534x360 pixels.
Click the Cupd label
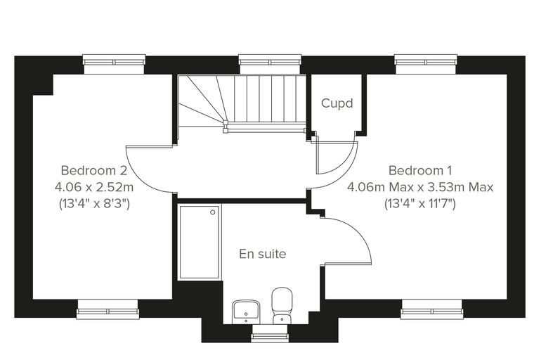click(337, 103)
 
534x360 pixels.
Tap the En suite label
click(263, 254)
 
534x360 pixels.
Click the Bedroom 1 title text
click(420, 170)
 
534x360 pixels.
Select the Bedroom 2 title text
click(94, 170)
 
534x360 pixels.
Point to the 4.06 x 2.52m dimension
click(94, 187)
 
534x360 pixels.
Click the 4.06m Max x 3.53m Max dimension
click(420, 187)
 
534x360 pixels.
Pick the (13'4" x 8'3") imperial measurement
click(94, 204)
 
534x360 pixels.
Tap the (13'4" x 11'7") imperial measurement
click(420, 204)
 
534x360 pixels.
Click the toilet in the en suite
click(282, 305)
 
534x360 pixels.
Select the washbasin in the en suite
click(246, 311)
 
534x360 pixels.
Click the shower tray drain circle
click(213, 212)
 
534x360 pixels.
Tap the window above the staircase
click(270, 62)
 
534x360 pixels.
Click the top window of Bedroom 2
click(115, 62)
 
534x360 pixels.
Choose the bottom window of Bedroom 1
click(432, 311)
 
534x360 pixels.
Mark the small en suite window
click(270, 335)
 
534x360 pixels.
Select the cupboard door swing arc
click(345, 164)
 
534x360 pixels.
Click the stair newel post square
click(225, 122)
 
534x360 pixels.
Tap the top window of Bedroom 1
click(426, 62)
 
